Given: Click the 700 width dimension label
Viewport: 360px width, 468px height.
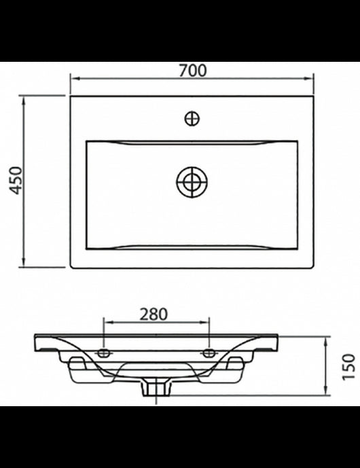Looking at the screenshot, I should pos(192,70).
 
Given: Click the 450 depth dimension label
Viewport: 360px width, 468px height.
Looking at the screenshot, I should pos(16,180).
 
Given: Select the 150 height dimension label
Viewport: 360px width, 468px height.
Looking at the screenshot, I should pos(348,367).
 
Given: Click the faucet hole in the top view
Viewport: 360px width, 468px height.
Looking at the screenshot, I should pos(192,119).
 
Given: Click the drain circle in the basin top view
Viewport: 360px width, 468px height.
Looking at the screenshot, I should pos(192,182).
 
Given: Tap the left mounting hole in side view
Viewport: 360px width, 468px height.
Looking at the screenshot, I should pos(103,353).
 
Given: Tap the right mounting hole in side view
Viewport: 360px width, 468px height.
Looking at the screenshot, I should pos(209,353).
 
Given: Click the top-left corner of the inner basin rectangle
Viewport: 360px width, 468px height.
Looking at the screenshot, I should pos(87,141).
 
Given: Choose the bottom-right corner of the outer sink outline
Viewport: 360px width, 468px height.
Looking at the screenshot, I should pos(313,268).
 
